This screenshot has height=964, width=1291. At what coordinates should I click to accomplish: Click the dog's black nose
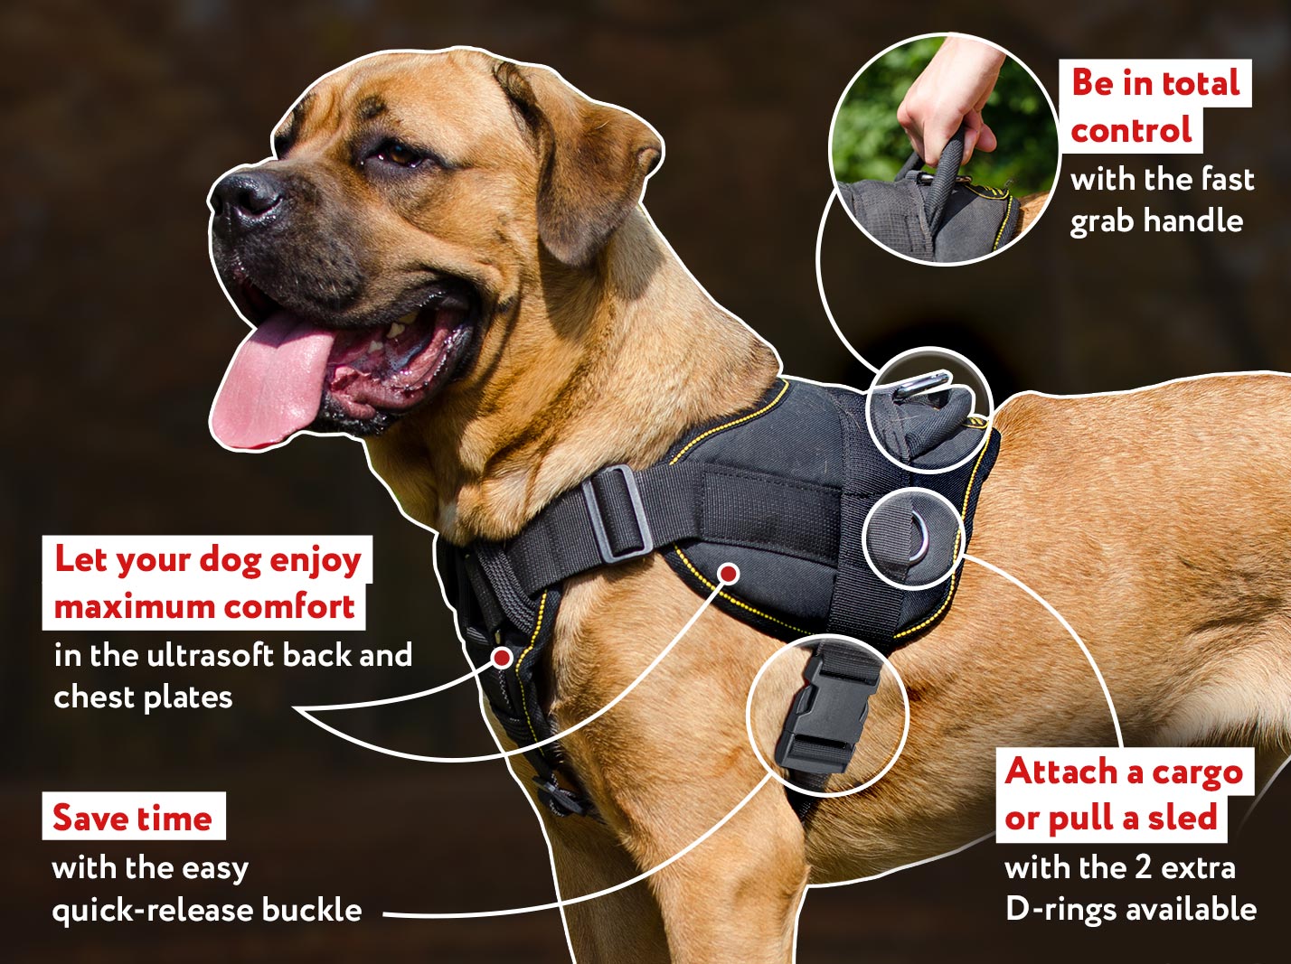(246, 193)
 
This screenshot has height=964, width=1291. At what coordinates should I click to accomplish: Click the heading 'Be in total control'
(1154, 107)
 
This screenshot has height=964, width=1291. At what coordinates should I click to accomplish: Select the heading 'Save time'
(133, 818)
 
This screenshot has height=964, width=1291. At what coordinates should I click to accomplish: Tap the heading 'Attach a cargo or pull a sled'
(1124, 795)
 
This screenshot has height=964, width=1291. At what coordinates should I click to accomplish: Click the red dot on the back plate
(729, 572)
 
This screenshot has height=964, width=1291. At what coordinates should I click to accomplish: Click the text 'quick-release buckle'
(207, 910)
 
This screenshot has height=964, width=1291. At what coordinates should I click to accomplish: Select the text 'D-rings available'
(1130, 909)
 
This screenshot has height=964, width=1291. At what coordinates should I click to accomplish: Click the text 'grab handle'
(1156, 221)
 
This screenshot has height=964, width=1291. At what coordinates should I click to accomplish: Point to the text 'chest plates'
(143, 697)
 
